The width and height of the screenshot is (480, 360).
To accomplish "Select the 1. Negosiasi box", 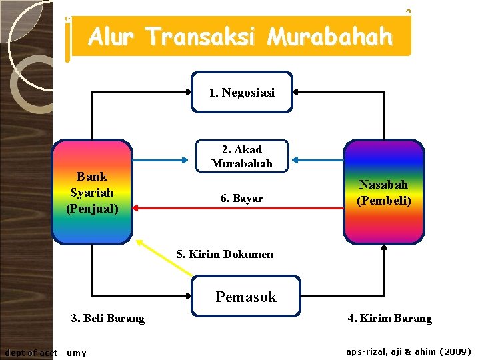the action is pyautogui.click(x=241, y=92).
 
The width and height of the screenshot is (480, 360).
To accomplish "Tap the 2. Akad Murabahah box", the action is pyautogui.click(x=241, y=157).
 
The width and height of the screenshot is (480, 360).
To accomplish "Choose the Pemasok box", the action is pyautogui.click(x=245, y=297).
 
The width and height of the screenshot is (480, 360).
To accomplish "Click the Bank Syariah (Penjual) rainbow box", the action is pyautogui.click(x=92, y=192).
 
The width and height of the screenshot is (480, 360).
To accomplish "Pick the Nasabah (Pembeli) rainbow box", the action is pyautogui.click(x=383, y=192).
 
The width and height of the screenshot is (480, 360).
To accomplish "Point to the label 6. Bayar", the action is pyautogui.click(x=241, y=199).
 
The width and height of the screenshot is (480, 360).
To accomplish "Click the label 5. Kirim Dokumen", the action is pyautogui.click(x=225, y=254).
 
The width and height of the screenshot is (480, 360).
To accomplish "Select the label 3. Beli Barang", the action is pyautogui.click(x=108, y=319).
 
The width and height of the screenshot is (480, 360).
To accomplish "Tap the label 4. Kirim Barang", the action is pyautogui.click(x=389, y=319).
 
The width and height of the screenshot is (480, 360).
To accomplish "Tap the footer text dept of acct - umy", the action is pyautogui.click(x=45, y=353).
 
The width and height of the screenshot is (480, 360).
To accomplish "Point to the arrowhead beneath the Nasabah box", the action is pyautogui.click(x=384, y=248).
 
